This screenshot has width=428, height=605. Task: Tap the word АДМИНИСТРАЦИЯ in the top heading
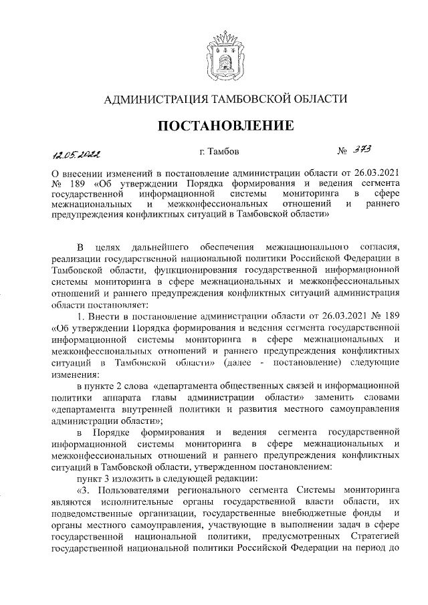pos(152,99)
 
